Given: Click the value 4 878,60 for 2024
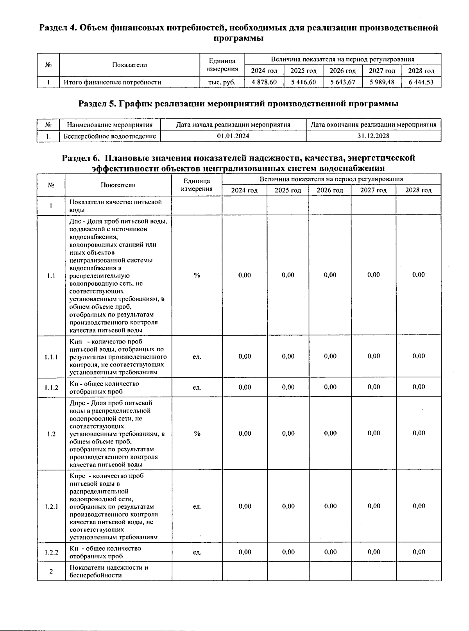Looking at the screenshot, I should (x=264, y=82).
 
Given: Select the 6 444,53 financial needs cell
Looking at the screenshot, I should (x=421, y=82).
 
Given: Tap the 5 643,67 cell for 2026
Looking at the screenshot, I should (x=342, y=82).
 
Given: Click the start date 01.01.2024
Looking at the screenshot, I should (x=233, y=136).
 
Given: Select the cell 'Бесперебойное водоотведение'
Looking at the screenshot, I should (x=109, y=136).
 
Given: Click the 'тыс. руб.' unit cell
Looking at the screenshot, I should (x=222, y=82).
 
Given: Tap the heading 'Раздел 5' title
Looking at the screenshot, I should (x=238, y=104).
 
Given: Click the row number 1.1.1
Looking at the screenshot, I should (x=51, y=356).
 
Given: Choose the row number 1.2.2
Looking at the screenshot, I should (x=51, y=552).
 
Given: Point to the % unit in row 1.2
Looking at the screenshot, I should (x=197, y=433).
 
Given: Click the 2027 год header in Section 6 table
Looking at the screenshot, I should (x=373, y=190).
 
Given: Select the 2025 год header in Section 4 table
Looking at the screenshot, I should (x=303, y=71).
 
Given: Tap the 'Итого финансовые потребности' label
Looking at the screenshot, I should (x=112, y=82).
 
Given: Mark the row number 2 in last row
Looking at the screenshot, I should (x=51, y=571).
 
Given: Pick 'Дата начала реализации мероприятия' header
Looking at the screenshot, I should (x=233, y=125).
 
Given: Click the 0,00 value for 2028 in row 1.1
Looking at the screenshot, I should (x=418, y=275).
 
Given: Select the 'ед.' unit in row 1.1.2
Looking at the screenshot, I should (x=197, y=387).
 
